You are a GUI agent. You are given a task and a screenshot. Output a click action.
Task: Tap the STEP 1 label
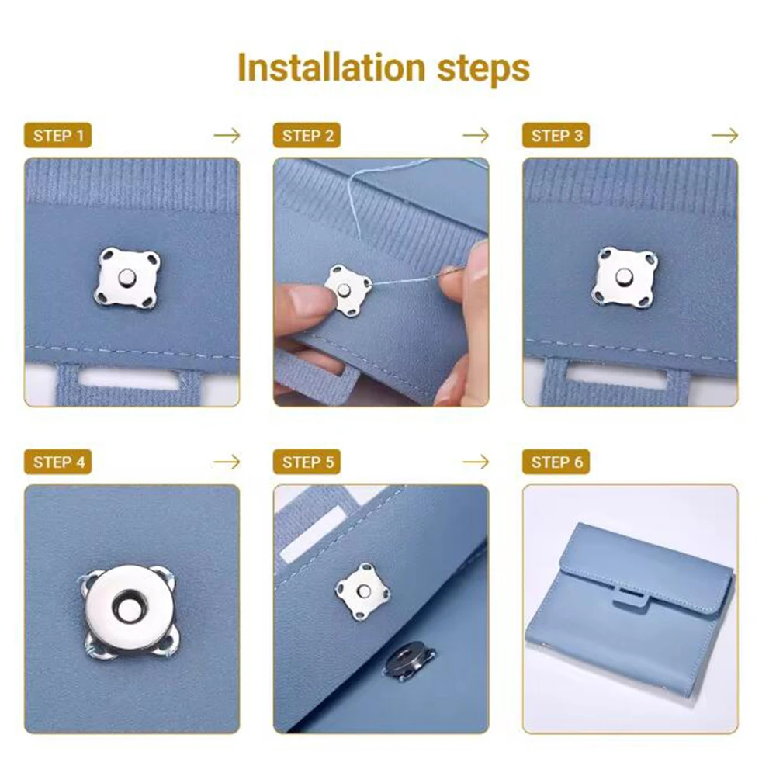pos(58,136)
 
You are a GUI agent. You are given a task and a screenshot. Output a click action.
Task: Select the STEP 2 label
pos(307,136)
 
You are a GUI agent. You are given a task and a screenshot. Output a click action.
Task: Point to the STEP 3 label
pos(556,136)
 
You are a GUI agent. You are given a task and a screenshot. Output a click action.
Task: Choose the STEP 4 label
pos(58,462)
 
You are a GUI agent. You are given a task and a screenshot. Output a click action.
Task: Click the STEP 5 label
pos(307,462)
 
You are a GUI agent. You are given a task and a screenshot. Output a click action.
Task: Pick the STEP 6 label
pos(556,462)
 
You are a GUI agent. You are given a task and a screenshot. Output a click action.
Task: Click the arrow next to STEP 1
pos(227,136)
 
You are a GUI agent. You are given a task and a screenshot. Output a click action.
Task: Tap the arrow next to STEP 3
pos(725,136)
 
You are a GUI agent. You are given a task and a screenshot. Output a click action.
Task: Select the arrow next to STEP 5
pos(476,462)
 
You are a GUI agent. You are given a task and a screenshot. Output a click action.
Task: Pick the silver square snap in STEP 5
pos(362,591)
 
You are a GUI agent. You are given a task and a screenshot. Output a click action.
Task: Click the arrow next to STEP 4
pos(227,462)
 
